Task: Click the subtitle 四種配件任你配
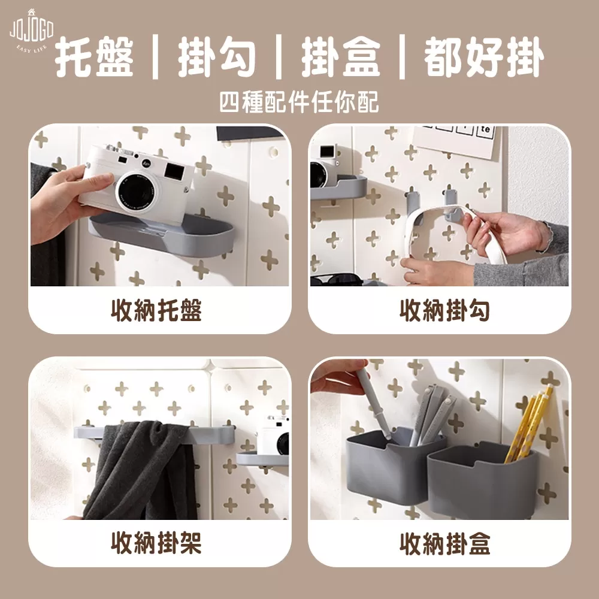point(299,102)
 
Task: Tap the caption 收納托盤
point(156,310)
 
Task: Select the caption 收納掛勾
point(445,310)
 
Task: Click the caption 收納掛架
point(156,543)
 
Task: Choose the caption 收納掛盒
point(445,543)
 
